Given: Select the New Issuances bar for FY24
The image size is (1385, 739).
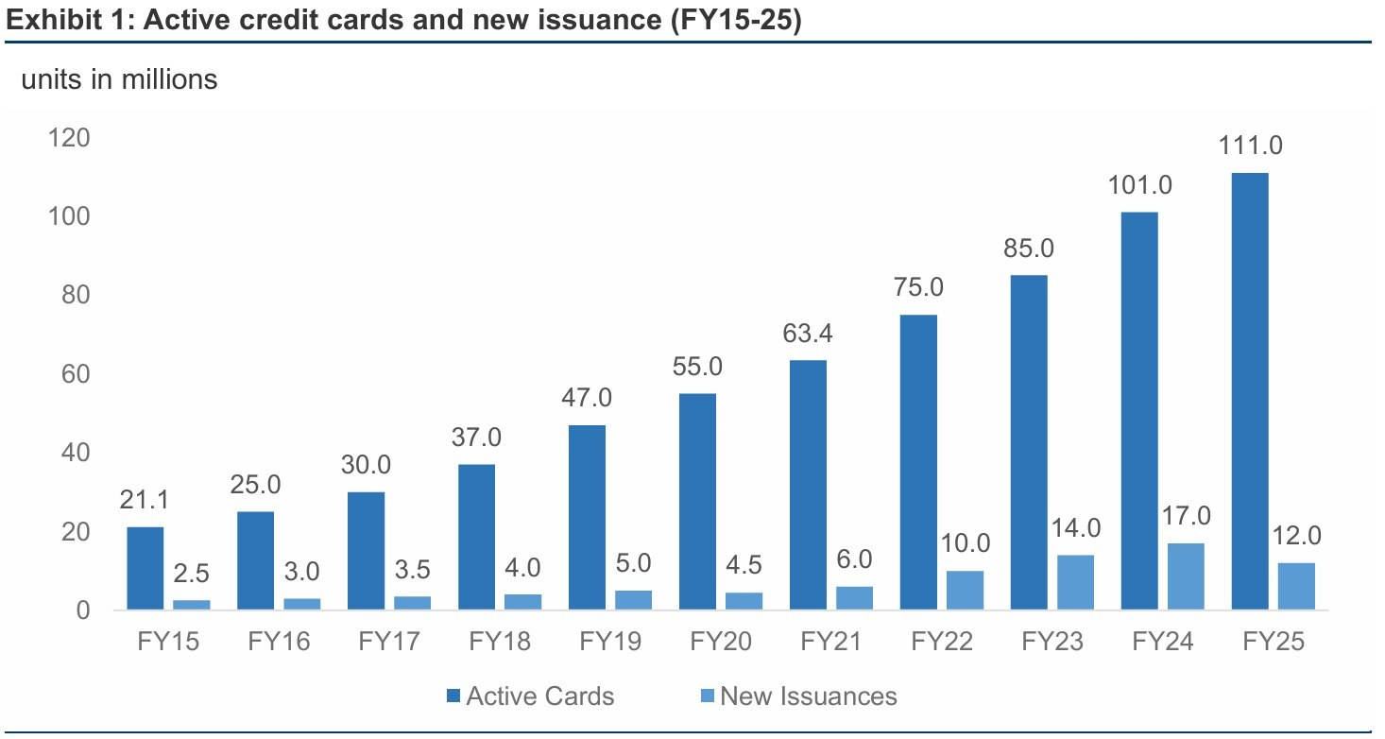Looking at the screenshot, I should tap(1186, 576).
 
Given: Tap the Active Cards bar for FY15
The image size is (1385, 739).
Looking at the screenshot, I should tap(145, 568).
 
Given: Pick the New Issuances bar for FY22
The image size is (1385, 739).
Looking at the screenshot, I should tap(964, 590).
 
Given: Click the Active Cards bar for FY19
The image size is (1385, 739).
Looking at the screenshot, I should tap(587, 517).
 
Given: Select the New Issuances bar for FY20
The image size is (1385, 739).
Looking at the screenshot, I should tap(744, 601).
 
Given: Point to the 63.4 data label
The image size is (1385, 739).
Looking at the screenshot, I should tap(808, 334).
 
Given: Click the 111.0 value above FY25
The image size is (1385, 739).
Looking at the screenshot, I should tap(1249, 146).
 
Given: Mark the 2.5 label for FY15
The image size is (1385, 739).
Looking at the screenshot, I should tap(192, 574).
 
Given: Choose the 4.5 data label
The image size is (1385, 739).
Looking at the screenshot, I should tap(744, 566).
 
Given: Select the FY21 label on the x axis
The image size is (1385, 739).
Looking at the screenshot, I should tap(831, 642).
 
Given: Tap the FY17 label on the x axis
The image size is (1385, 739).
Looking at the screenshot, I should tap(389, 642).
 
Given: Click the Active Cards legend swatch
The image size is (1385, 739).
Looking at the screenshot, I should tap(453, 697).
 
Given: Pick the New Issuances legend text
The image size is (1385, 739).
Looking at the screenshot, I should tap(808, 697).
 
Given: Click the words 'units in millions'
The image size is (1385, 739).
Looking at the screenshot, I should tap(119, 80).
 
